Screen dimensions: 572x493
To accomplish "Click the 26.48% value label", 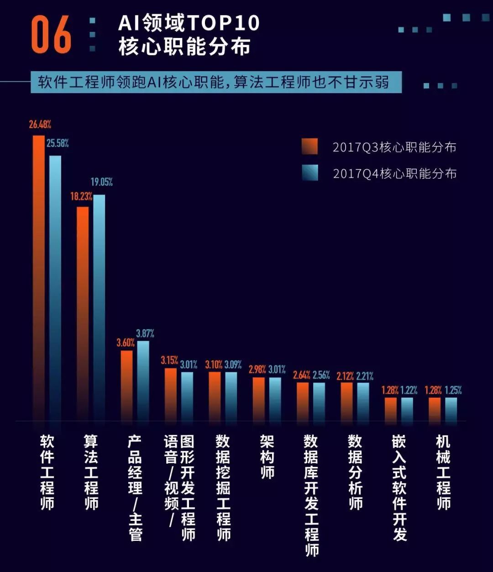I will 40,124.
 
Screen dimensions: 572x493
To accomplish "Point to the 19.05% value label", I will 101,182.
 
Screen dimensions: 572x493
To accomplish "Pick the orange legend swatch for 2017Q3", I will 309,147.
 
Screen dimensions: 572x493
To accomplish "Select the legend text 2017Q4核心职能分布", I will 394,174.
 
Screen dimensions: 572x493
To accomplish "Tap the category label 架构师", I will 267,456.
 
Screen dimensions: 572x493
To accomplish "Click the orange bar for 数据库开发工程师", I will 303,401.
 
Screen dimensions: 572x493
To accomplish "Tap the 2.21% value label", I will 365,376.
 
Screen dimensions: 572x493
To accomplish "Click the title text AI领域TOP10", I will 189,23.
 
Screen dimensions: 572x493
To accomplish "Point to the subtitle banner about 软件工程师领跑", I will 216,82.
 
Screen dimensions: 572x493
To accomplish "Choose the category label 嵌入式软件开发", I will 399,487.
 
